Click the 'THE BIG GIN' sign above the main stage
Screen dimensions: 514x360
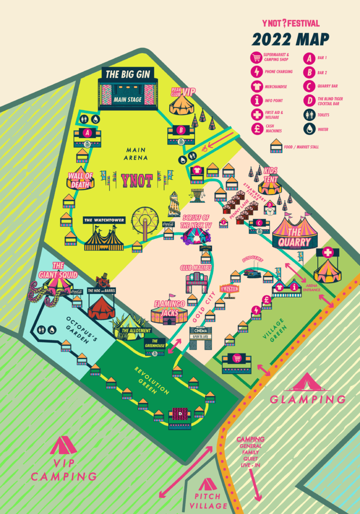(x=128, y=75)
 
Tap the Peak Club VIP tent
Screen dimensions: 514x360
(x=181, y=104)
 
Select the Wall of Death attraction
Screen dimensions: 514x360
(x=80, y=180)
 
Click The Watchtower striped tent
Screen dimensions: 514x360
(x=103, y=238)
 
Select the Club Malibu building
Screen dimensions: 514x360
(x=196, y=283)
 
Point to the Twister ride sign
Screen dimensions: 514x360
(x=229, y=289)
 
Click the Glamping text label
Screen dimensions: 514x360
(x=307, y=399)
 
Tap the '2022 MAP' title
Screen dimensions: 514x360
(x=291, y=39)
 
